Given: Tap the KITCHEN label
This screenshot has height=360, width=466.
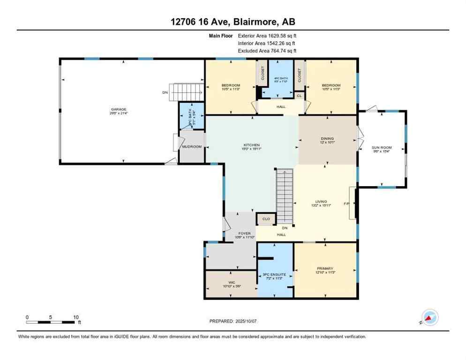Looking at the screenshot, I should point(251,145).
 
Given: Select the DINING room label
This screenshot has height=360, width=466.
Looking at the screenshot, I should point(327,139).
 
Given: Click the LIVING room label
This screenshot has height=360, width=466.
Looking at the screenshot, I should point(321,202).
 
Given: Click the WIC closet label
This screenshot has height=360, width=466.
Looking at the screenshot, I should point(230,283).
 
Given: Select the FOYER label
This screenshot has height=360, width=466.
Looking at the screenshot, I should point(244,233).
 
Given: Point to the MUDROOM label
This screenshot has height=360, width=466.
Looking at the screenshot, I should point(192,147).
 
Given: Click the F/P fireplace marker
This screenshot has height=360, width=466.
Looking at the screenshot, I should point(347,204).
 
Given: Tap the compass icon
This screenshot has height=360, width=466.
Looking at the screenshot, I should point(430,317).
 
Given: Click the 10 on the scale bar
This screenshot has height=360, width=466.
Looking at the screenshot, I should point(76,317).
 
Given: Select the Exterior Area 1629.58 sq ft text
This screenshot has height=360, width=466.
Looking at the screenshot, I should point(267,35).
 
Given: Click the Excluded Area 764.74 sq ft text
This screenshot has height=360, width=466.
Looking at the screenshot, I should point(267,51).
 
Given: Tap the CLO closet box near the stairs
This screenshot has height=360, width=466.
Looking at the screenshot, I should point(265,218).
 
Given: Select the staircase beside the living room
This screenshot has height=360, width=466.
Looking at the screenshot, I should point(284,196).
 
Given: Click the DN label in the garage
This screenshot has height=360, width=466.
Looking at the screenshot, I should point(165,93).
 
